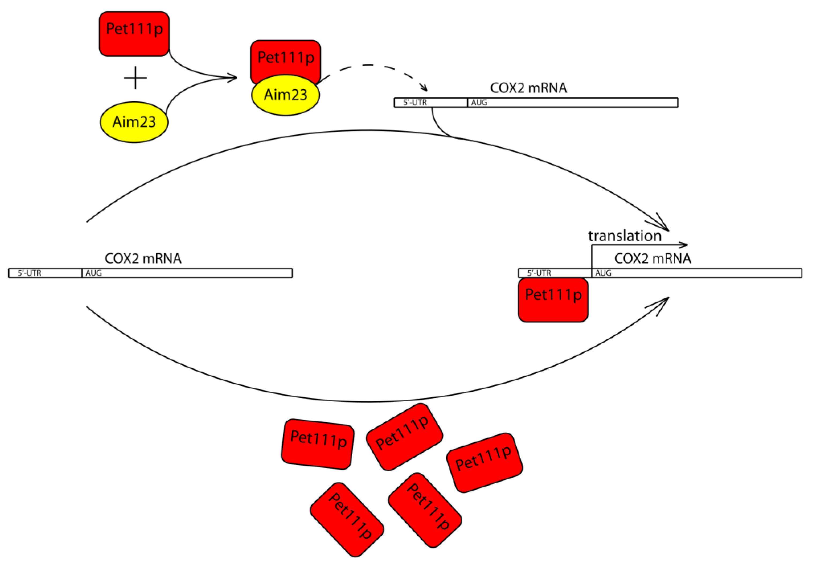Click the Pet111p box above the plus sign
tap(134, 34)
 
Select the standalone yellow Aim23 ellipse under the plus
tap(134, 122)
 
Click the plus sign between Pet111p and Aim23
tap(135, 77)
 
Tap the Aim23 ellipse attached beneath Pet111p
tap(285, 95)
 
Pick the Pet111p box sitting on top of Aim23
tap(285, 57)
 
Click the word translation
tap(624, 236)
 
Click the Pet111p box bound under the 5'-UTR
tap(553, 300)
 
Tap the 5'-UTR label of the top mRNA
tap(415, 102)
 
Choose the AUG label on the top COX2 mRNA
tap(479, 102)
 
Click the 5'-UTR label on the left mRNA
tap(29, 273)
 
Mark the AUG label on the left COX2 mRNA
tap(93, 273)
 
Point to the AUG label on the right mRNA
tap(603, 273)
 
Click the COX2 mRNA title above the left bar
tap(143, 258)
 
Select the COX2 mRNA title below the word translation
tap(653, 258)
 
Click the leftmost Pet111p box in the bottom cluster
tap(317, 444)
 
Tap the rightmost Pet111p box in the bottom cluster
tap(484, 462)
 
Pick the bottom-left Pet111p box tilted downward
tap(347, 519)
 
